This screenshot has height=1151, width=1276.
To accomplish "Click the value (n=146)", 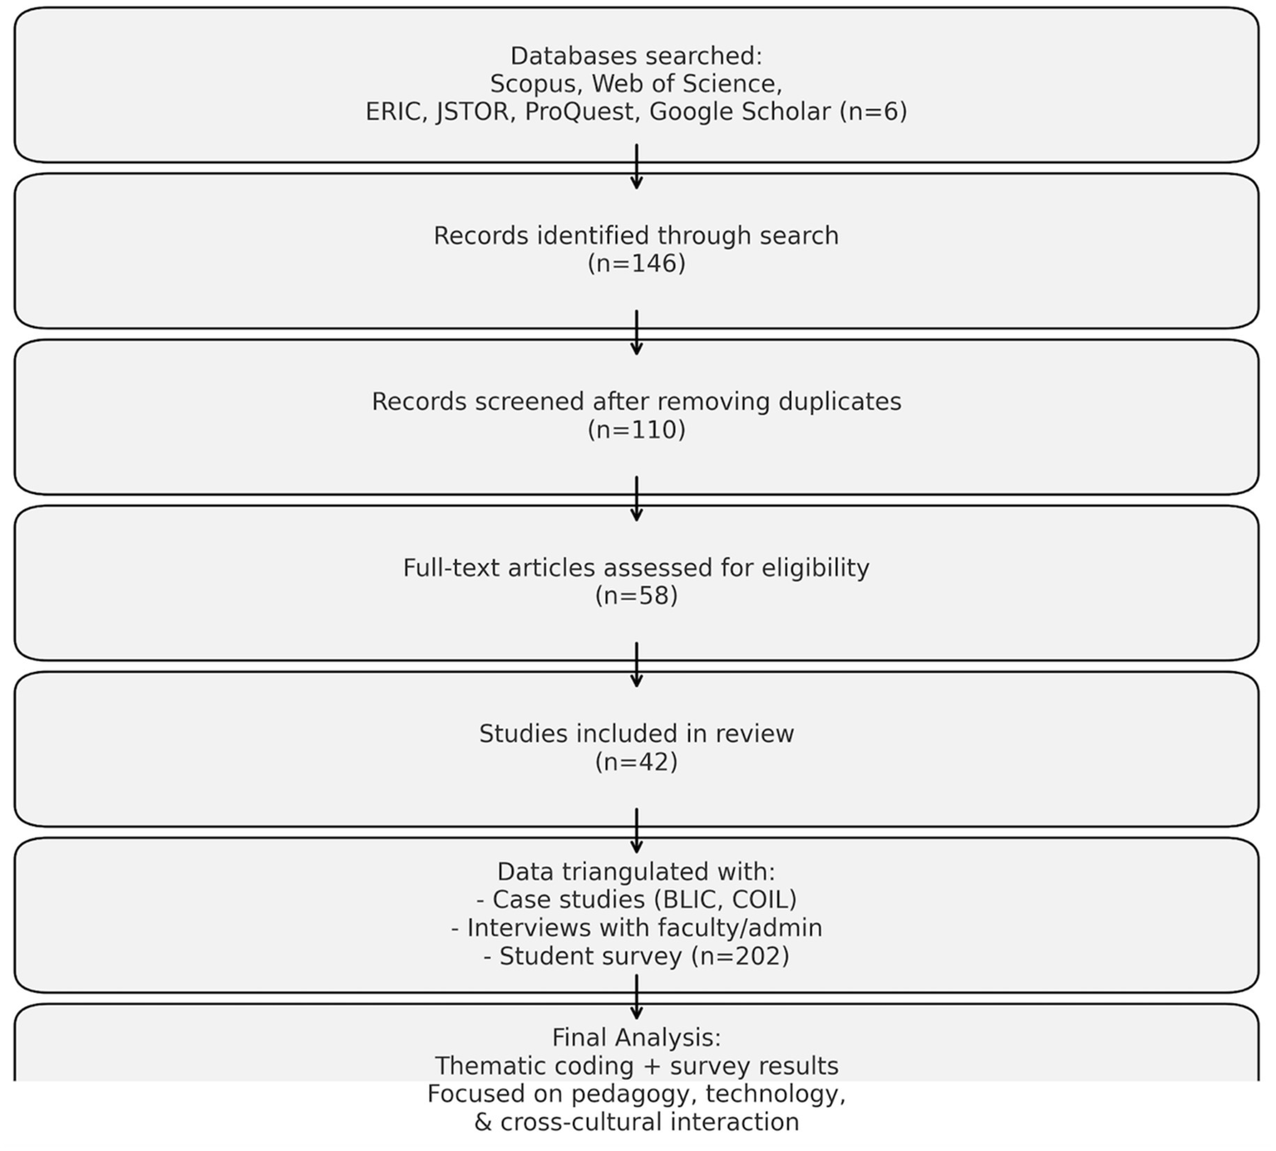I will pyautogui.click(x=636, y=264).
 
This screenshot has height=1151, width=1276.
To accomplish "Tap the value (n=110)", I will pyautogui.click(x=636, y=430).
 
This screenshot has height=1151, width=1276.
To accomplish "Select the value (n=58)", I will pyautogui.click(x=636, y=595).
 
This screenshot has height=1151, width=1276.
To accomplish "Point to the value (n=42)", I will pyautogui.click(x=636, y=762).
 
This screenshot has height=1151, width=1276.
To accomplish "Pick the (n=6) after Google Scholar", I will pyautogui.click(x=872, y=111).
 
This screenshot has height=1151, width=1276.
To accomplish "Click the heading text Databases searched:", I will pyautogui.click(x=636, y=56).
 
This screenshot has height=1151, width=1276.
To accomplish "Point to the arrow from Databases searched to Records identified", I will pyautogui.click(x=636, y=168).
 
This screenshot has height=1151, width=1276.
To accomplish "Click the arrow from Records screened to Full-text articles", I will pyautogui.click(x=636, y=500).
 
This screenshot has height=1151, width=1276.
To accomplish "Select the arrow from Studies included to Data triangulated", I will pyautogui.click(x=636, y=832).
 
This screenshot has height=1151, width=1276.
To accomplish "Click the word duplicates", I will pyautogui.click(x=840, y=402).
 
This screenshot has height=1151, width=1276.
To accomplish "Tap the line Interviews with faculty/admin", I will pyautogui.click(x=636, y=928).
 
